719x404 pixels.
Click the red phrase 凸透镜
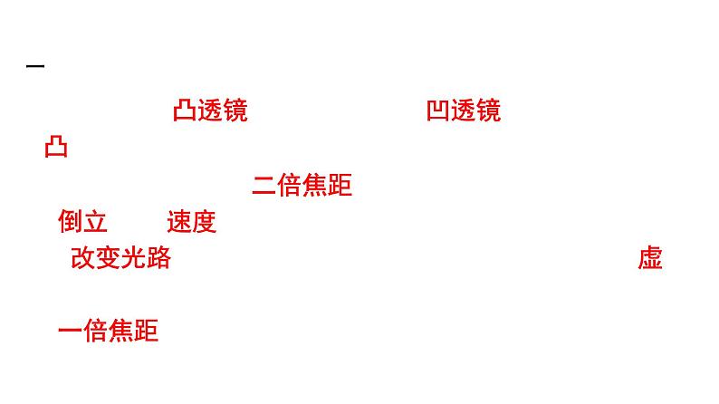209,111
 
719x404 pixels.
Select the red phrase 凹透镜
463,111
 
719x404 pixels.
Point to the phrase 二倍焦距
302,186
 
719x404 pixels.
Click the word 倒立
82,222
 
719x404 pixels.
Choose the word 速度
191,222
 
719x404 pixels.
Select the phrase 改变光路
120,258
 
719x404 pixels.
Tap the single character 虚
650,258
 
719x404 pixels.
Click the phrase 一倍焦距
108,332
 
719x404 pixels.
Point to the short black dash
35,67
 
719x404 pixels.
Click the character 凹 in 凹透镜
438,111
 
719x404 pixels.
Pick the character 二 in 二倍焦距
264,186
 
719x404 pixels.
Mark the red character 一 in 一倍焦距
70,332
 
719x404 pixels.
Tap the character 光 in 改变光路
133,258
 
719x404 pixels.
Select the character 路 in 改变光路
158,258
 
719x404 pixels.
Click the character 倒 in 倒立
70,222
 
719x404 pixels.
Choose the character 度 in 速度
204,222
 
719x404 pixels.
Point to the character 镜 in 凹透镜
488,111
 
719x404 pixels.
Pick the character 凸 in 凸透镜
185,111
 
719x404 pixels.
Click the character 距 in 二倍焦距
340,186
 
